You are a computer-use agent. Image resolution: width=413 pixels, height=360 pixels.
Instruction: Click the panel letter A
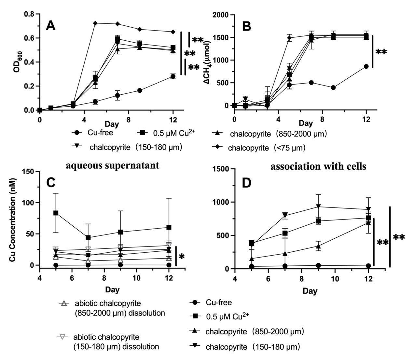50,25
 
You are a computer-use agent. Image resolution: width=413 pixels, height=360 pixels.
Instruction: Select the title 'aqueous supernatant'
112,166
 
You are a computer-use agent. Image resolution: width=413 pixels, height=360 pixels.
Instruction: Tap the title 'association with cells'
318,166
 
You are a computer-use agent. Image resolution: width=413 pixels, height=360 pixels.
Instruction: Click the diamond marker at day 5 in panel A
95,23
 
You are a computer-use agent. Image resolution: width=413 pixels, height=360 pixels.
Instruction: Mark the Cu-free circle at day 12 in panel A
173,76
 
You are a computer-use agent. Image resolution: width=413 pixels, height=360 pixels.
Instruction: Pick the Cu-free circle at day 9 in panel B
333,87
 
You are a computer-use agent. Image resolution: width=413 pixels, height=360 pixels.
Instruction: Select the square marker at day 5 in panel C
56,213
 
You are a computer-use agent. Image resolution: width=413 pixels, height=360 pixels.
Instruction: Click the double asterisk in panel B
381,52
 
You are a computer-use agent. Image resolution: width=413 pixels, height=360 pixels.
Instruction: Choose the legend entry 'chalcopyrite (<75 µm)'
267,148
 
